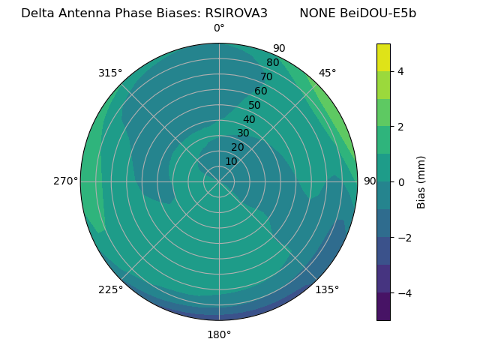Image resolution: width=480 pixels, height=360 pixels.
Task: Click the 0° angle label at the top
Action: pos(219,28)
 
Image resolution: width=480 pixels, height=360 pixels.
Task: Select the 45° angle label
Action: pos(327,73)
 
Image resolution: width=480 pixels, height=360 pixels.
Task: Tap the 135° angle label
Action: pos(327,289)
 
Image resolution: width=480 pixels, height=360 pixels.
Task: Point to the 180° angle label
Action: pos(219,334)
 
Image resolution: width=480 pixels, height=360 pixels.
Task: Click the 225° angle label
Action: pos(110,289)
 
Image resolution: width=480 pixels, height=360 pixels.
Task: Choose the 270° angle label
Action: pos(65,181)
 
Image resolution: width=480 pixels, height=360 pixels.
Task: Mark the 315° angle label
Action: pos(110,73)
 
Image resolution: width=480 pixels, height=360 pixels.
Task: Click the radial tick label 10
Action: pos(231,161)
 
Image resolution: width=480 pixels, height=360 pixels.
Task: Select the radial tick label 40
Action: pos(249,119)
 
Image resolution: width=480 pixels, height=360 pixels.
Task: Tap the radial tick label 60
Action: pos(261,91)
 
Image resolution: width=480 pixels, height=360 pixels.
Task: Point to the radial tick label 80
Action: pos(272,62)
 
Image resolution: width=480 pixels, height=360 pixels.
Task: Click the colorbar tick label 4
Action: pos(400,71)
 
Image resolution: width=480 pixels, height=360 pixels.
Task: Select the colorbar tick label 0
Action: pos(400,181)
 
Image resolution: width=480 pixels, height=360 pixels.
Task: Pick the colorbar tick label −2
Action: pos(403,238)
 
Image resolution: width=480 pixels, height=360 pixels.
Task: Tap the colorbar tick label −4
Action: pos(403,293)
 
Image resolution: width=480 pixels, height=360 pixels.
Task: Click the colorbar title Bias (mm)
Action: pos(421,181)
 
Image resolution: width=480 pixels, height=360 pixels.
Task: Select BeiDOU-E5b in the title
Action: pos(379,13)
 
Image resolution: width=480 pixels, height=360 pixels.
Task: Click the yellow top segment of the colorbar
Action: pos(383,57)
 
